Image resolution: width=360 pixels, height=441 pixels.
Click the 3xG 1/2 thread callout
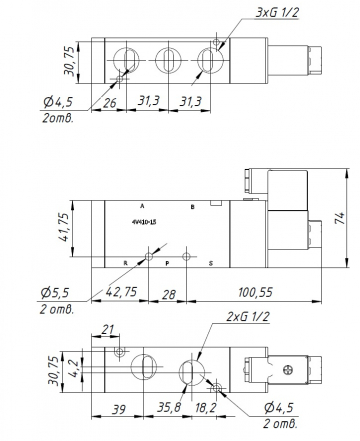(x=248, y=12)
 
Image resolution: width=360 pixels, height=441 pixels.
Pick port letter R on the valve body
(x=125, y=264)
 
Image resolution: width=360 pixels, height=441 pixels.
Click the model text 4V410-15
(x=144, y=222)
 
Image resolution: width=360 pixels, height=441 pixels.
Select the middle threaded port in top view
(x=164, y=58)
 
